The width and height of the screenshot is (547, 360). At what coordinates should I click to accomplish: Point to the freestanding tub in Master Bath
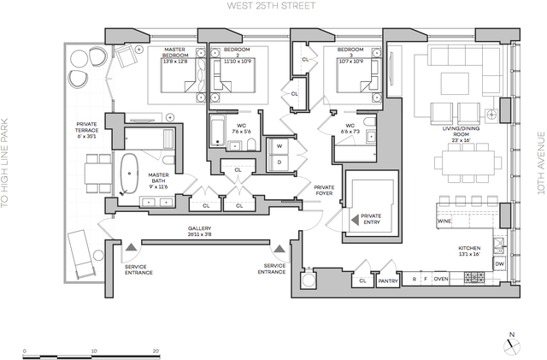coord(132,174)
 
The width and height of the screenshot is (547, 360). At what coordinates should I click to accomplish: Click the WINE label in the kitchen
coord(445,221)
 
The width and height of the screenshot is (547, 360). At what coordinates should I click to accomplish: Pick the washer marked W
coord(279,146)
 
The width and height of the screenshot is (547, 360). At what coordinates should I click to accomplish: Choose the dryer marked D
coord(279,162)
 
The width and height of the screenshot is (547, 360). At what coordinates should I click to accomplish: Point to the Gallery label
coord(198,230)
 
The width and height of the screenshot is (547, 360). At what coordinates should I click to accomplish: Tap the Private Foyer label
coord(323,190)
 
